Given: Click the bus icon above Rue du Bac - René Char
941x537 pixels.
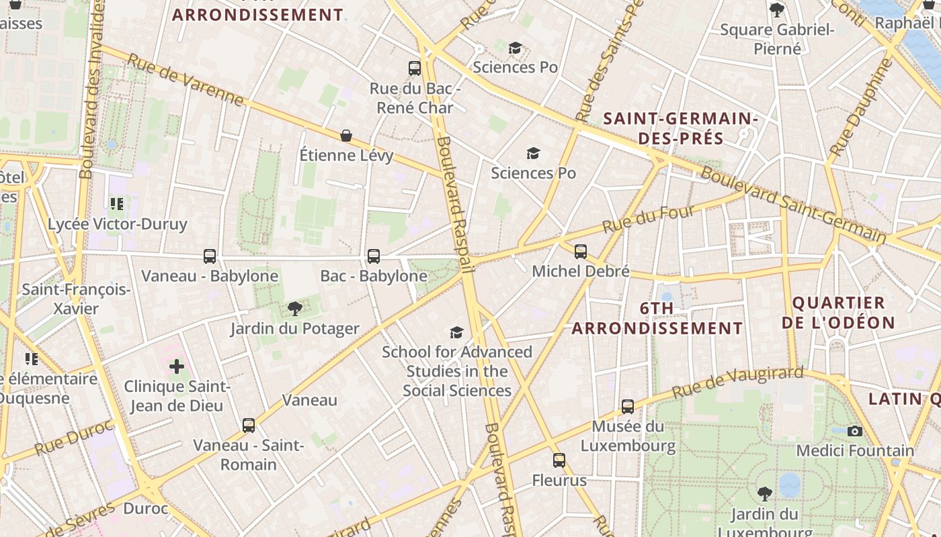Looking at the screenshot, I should click(x=415, y=68).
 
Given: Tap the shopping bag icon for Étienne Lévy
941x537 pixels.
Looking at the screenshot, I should click(x=346, y=136).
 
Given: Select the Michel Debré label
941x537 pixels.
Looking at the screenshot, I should click(x=581, y=271).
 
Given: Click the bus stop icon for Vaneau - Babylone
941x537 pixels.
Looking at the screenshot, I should click(x=210, y=256).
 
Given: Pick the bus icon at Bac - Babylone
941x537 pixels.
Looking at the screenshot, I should click(x=373, y=256).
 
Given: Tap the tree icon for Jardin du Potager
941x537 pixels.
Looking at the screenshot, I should click(x=294, y=309).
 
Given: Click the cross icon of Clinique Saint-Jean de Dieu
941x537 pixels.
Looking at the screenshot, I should click(x=177, y=367).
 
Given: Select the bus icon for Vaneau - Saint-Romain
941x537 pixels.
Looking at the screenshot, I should click(x=249, y=425).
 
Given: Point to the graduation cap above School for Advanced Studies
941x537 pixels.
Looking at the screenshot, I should click(x=457, y=332).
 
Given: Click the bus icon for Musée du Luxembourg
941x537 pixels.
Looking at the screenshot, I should click(x=628, y=406).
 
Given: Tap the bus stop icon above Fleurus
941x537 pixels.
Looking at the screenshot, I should click(x=559, y=460).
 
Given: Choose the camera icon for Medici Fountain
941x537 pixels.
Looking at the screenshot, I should click(x=855, y=431).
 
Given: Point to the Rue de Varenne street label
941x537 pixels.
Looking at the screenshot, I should click(x=185, y=80).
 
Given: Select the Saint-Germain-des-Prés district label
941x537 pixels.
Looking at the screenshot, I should click(x=680, y=129).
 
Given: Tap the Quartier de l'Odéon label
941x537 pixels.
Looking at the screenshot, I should click(x=839, y=312).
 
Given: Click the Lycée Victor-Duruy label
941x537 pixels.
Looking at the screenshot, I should click(x=117, y=224).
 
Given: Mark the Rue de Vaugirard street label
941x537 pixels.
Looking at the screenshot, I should click(x=737, y=382).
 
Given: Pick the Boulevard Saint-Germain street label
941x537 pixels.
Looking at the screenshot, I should click(x=793, y=204).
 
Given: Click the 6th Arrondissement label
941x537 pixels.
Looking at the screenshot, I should click(x=657, y=318).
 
